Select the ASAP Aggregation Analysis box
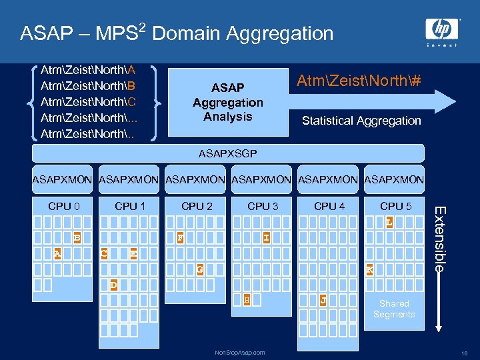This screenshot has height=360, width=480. [227, 102]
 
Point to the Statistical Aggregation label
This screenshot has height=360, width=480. [361, 121]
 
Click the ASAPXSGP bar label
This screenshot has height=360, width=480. [227, 153]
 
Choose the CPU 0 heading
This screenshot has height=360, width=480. [64, 206]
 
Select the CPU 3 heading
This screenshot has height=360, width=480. [263, 206]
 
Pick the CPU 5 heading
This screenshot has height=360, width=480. [395, 206]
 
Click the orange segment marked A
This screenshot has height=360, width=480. [57, 253]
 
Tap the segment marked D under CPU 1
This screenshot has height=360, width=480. [113, 285]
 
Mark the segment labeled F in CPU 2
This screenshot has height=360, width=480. [180, 237]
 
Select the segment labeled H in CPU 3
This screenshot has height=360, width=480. [247, 301]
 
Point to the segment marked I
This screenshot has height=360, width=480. [266, 237]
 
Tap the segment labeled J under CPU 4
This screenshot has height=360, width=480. [323, 301]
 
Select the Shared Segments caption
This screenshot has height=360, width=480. [394, 309]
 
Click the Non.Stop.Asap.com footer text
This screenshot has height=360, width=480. [240, 352]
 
